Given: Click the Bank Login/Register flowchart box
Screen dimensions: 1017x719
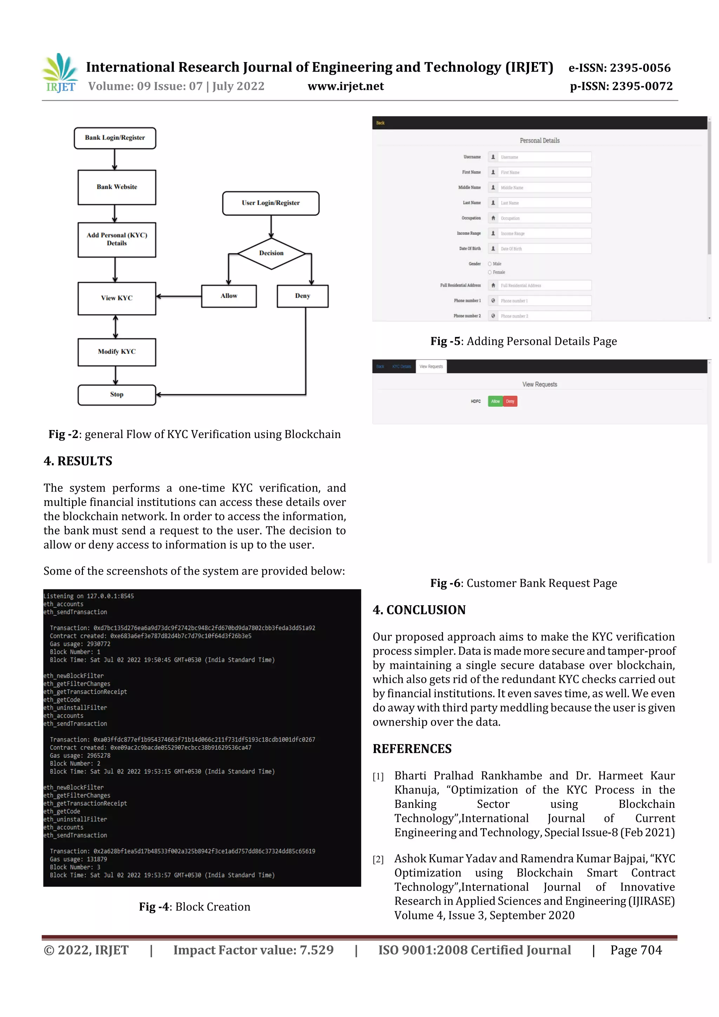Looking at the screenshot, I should pos(115,138).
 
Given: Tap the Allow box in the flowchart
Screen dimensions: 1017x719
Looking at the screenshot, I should pos(229,296).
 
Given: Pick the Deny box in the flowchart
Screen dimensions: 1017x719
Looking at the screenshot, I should pos(303,296).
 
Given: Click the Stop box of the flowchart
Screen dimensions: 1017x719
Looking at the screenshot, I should pos(117,395).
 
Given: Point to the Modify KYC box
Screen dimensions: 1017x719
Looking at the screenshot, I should pos(117,352).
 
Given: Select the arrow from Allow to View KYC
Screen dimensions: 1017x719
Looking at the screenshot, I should pos(179,296).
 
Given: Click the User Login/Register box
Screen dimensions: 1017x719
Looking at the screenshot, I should pos(271,203).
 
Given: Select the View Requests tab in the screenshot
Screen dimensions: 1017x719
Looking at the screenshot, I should pos(431,366).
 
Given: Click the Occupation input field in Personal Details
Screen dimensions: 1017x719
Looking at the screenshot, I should pos(545,218).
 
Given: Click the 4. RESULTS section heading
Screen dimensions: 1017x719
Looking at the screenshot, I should pos(78,461).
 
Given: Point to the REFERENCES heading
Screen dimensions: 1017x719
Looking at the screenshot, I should pos(412,748).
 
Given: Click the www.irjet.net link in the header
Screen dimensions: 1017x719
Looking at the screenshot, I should pos(345,86).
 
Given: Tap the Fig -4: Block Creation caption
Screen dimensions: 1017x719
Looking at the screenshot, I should pos(194,907).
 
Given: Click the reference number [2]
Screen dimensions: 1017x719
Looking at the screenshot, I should pos(378,860).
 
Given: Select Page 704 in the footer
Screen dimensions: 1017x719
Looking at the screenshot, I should pos(636,950).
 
